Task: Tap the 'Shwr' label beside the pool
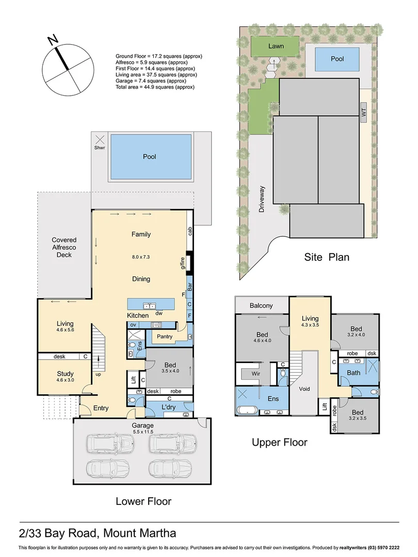(99, 148)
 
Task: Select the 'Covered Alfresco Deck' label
(64, 248)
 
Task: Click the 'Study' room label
(65, 373)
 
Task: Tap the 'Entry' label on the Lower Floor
(101, 408)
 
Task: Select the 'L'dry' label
(168, 407)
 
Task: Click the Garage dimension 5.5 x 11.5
(142, 432)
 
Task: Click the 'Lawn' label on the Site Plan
(276, 46)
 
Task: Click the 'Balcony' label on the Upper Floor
(261, 305)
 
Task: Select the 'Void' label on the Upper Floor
(304, 388)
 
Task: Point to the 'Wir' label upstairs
(255, 373)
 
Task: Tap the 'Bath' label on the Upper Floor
(353, 372)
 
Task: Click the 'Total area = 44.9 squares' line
(155, 87)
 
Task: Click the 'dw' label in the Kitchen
(159, 313)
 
